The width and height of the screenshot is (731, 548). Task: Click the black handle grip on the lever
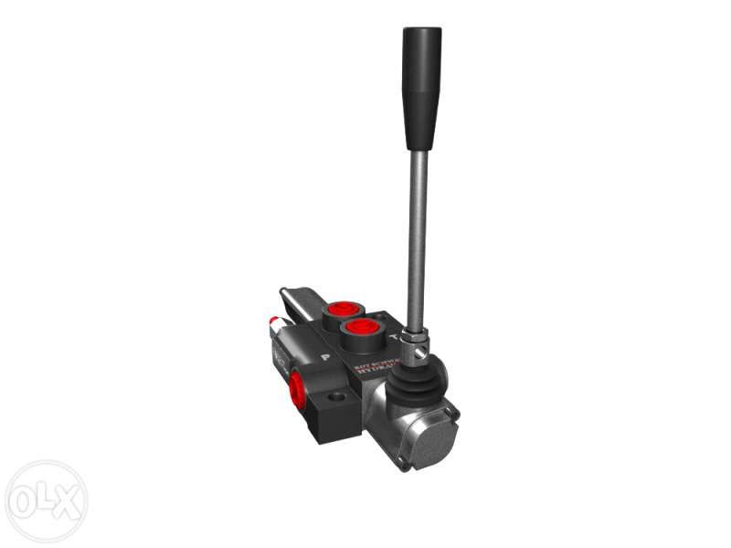421,87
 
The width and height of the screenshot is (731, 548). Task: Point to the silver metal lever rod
417,237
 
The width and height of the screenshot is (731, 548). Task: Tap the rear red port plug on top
344,309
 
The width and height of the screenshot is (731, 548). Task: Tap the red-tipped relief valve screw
274,323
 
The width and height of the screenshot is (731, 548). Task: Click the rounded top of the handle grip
422,33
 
